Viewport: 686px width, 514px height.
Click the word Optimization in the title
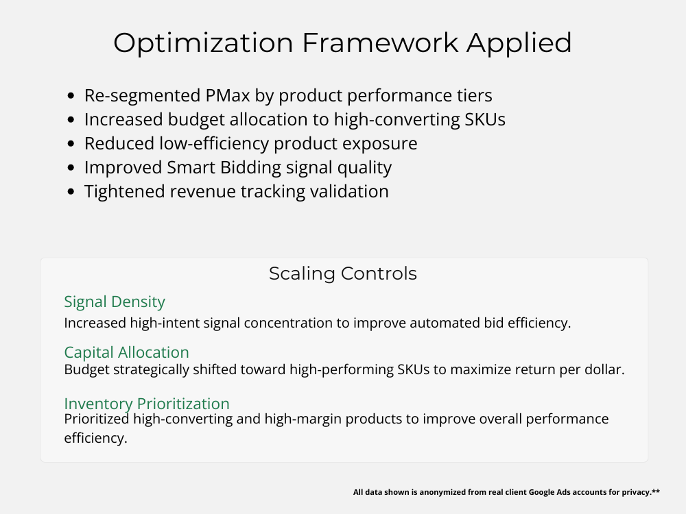click(x=203, y=43)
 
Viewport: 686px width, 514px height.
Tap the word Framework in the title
click(x=380, y=42)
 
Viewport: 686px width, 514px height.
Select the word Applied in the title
click(x=519, y=43)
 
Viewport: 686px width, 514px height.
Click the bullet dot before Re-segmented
click(x=71, y=96)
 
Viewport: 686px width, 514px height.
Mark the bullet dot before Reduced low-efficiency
click(x=71, y=144)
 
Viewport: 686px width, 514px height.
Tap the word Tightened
click(x=125, y=191)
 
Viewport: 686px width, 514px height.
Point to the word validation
click(x=349, y=191)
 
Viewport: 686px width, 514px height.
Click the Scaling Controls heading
click(x=343, y=273)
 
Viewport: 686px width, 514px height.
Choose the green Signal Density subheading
click(x=115, y=302)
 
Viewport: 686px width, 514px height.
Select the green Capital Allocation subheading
click(x=126, y=352)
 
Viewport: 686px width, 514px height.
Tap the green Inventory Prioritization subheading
click(x=147, y=404)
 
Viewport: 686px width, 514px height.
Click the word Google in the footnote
click(x=542, y=492)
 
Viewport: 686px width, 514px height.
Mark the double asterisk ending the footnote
click(x=656, y=491)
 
